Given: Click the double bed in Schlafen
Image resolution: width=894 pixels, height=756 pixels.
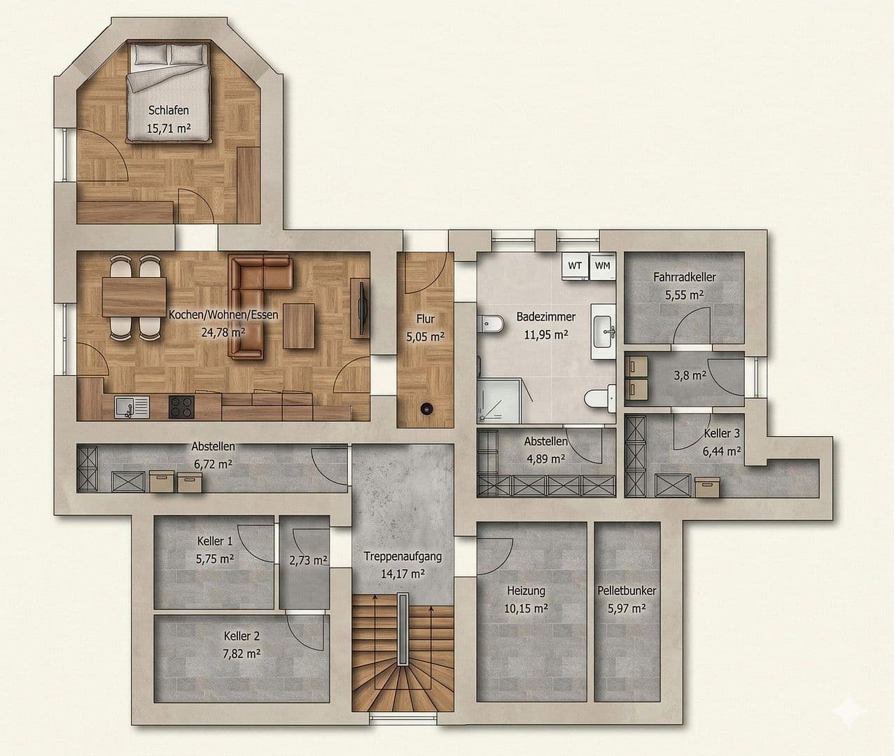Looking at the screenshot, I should [169, 91].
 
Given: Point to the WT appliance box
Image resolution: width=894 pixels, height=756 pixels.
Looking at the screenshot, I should [575, 265].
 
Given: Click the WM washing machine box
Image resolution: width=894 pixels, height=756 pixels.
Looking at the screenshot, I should [602, 265].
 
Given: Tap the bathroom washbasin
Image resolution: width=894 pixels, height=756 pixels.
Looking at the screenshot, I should [603, 330].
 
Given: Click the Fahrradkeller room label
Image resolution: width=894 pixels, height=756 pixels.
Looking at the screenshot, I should [684, 277].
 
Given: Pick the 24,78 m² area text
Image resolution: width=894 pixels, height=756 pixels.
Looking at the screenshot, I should [223, 332].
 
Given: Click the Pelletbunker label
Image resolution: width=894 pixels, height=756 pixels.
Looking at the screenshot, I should [627, 591].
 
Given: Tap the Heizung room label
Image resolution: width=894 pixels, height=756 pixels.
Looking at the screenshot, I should [526, 591].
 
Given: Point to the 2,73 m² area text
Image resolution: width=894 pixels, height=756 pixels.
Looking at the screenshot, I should [308, 560].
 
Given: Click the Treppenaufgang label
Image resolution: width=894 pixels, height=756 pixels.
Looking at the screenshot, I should [403, 556].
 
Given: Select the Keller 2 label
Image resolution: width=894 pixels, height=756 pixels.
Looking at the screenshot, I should [242, 636].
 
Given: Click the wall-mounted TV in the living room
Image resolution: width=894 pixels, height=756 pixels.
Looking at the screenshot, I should [362, 307].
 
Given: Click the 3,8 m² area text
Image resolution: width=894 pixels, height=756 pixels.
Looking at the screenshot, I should [690, 375].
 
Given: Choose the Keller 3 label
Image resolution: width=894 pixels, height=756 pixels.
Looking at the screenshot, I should [721, 434].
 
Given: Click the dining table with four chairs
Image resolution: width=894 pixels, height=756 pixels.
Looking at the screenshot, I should [134, 298].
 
